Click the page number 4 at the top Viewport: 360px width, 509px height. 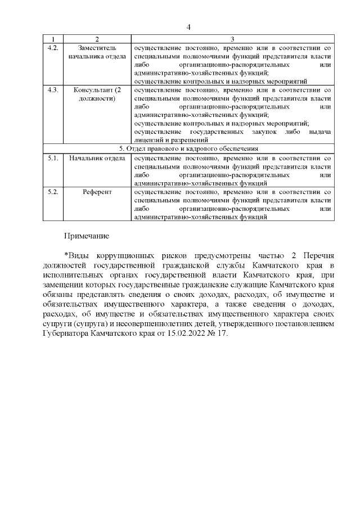[189, 27]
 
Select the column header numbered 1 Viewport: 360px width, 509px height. [53, 39]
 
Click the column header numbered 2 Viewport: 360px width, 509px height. [97, 39]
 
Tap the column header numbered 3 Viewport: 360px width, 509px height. [232, 39]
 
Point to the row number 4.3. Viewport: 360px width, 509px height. [53, 91]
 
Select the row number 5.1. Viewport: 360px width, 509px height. [53, 159]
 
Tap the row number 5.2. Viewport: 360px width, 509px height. [53, 192]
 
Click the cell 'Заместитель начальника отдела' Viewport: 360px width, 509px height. [97, 52]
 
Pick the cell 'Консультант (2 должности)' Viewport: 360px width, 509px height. [97, 94]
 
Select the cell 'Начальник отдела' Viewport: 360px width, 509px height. [97, 159]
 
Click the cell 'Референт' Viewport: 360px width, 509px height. [97, 192]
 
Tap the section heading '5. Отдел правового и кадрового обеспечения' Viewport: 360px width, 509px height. [189, 148]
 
